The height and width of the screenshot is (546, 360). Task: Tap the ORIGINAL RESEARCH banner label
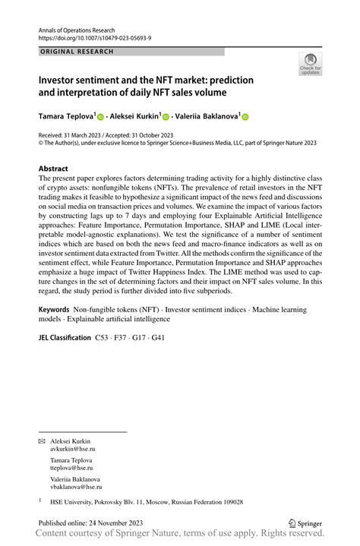[75, 52]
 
